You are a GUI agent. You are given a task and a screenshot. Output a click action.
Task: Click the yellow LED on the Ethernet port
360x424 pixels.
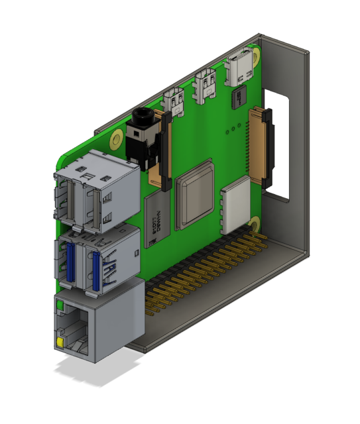[61, 343]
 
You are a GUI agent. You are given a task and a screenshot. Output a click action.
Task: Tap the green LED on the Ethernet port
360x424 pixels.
[60, 306]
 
